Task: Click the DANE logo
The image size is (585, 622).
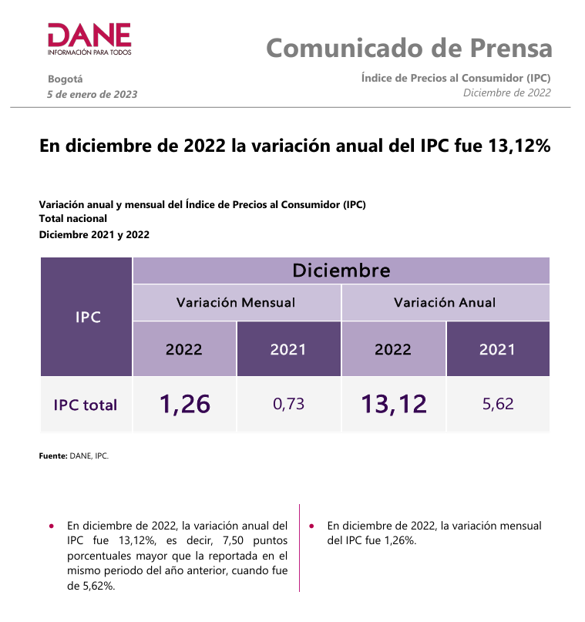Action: [89, 39]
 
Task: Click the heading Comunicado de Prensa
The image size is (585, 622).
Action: [409, 48]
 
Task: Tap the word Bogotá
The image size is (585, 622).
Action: [65, 79]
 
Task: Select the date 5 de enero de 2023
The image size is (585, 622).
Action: [92, 94]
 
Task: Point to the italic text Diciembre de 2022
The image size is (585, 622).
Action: [506, 92]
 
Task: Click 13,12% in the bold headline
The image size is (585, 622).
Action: [519, 146]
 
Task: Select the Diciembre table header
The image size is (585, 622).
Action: [341, 271]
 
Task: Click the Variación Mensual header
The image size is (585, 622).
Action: [236, 303]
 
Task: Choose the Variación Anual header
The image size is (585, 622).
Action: [445, 303]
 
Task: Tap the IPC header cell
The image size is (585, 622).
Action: [87, 317]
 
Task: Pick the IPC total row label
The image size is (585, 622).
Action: [86, 405]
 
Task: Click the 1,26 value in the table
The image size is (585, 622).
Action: [185, 404]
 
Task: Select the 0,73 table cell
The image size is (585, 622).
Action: [288, 404]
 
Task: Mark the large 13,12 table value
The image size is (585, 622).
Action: [393, 404]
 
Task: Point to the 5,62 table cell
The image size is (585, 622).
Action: [498, 404]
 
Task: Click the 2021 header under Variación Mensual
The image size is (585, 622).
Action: [288, 349]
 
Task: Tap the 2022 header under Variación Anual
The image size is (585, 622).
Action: [393, 349]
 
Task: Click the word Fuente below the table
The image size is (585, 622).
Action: [52, 456]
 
